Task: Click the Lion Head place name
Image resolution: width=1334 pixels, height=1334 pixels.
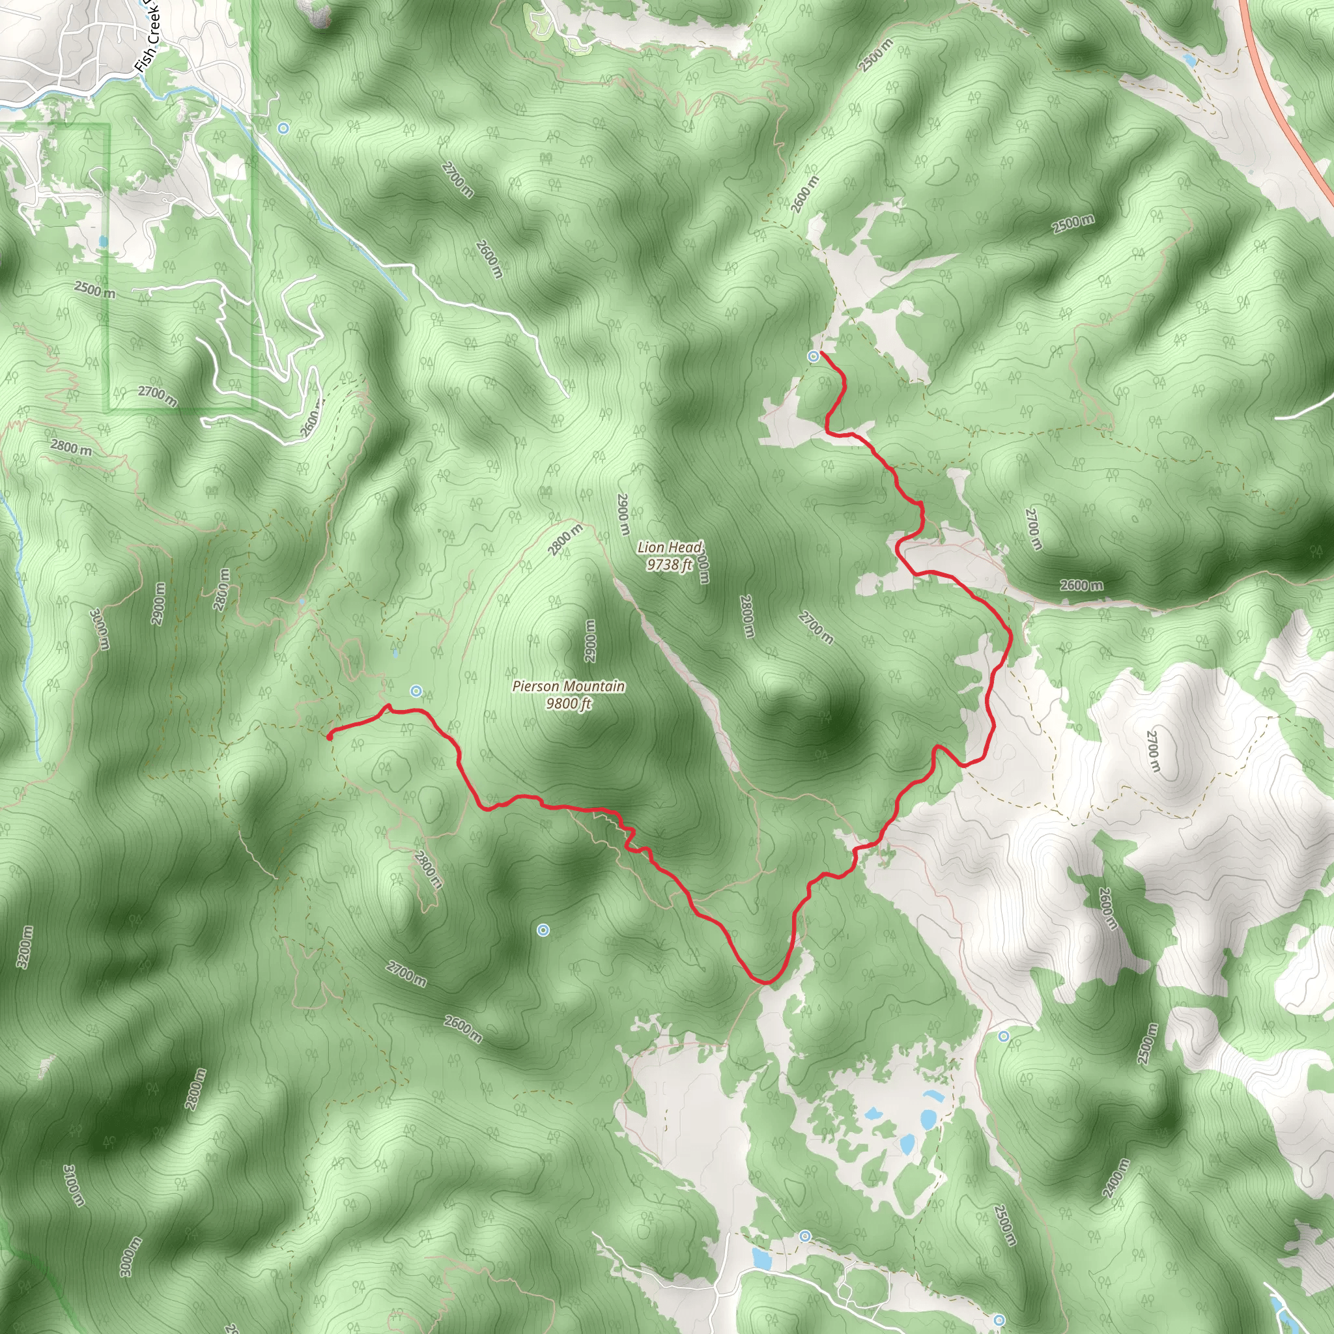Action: [669, 548]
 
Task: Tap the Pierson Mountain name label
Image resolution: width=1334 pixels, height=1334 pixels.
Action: [568, 687]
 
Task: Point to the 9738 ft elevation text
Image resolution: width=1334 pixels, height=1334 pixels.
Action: [669, 565]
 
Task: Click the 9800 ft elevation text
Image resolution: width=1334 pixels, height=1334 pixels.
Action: [568, 703]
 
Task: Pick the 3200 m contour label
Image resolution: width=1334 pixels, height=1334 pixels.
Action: [24, 947]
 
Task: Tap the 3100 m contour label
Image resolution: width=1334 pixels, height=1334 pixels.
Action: [74, 1185]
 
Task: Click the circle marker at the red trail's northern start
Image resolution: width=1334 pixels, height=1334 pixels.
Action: [814, 356]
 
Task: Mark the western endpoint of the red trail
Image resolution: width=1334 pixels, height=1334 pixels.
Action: [330, 737]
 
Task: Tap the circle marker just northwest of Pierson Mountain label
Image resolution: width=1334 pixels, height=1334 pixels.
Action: [416, 690]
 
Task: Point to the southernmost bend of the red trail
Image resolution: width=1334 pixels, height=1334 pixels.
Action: [765, 980]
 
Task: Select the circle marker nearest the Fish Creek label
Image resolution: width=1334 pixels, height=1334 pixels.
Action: [283, 128]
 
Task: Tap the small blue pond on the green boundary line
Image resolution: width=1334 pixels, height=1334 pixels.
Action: [104, 242]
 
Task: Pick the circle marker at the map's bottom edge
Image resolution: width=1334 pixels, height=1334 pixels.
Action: [1000, 1320]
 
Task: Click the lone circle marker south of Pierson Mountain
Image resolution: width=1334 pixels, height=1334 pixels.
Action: [543, 931]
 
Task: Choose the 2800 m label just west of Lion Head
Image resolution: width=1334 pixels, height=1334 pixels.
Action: [565, 540]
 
